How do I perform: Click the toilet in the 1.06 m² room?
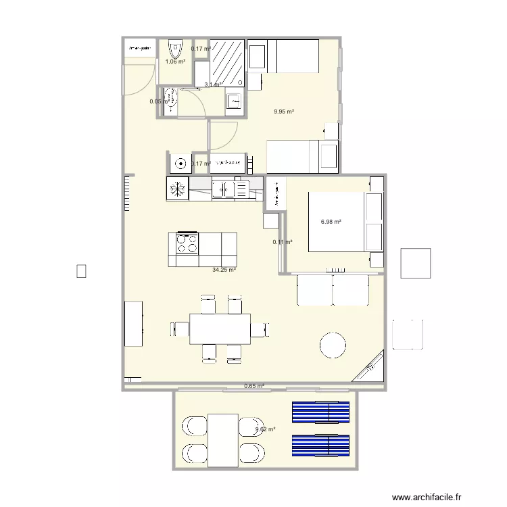click(x=175, y=49)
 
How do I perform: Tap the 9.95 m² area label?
click(x=284, y=112)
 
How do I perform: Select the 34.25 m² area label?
click(x=224, y=270)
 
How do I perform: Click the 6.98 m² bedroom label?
click(x=331, y=222)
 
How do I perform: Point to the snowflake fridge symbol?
click(x=177, y=189)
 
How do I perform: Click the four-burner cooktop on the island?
click(x=188, y=243)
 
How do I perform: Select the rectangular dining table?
click(x=220, y=329)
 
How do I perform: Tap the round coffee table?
click(x=333, y=344)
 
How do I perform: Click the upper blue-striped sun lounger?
click(x=320, y=412)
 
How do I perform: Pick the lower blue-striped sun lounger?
click(x=320, y=445)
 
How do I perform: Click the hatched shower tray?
click(x=227, y=60)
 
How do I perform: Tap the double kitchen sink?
click(x=230, y=189)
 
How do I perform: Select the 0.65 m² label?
click(x=254, y=387)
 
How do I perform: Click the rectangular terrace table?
click(x=223, y=439)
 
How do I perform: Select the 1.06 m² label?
click(x=175, y=62)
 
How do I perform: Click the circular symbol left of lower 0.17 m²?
click(x=180, y=163)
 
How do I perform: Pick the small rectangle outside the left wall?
click(x=81, y=271)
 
